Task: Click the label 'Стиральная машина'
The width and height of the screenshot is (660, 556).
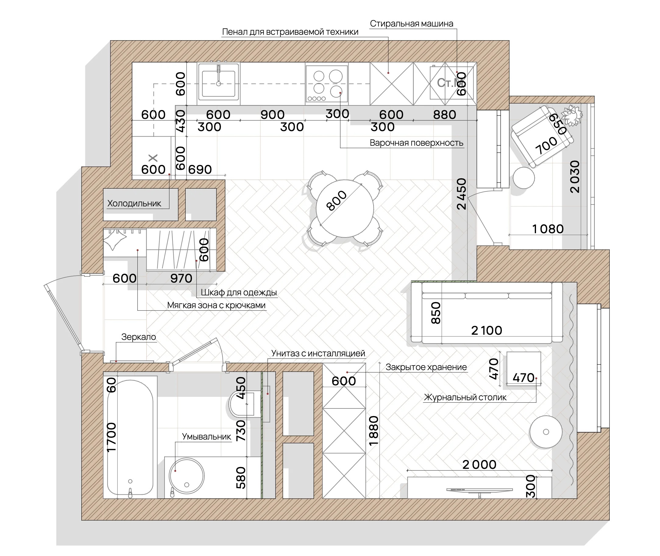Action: click(x=411, y=24)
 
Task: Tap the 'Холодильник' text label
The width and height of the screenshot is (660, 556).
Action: click(x=134, y=203)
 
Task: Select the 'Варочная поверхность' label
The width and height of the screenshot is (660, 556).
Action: click(x=417, y=143)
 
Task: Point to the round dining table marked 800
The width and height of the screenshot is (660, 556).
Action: click(x=345, y=208)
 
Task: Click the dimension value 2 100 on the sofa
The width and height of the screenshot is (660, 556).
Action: click(x=487, y=330)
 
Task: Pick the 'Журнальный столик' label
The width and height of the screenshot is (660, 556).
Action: click(x=465, y=397)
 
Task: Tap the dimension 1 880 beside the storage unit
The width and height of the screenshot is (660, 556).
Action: click(x=374, y=430)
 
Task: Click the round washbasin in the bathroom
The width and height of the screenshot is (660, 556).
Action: click(x=187, y=476)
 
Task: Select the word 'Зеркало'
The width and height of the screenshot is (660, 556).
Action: click(x=139, y=337)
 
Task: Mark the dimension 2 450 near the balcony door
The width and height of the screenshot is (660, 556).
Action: click(x=461, y=194)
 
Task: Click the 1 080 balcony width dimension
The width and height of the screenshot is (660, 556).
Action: click(x=548, y=229)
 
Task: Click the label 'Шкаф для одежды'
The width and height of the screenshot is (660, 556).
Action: click(x=239, y=293)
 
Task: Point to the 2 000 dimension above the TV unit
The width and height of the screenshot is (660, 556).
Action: click(x=480, y=464)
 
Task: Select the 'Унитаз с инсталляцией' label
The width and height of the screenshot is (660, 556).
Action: click(x=318, y=353)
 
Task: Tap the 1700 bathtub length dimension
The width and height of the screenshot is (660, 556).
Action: click(x=112, y=437)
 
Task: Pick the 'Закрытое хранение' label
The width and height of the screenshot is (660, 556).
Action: click(x=426, y=367)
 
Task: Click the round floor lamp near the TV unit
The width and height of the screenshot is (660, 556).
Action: click(x=546, y=432)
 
